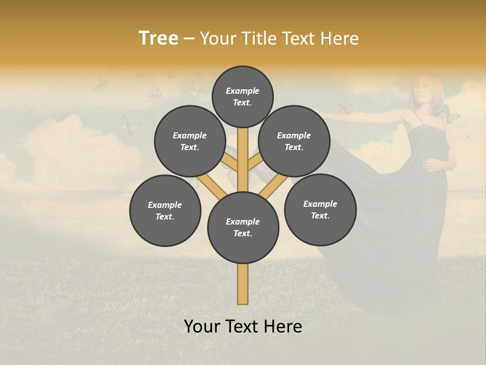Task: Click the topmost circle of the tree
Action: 242,96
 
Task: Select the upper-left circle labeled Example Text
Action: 190,141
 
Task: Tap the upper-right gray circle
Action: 294,141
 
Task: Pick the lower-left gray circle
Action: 165,210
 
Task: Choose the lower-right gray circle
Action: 320,209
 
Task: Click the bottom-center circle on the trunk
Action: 243,227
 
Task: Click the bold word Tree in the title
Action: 158,38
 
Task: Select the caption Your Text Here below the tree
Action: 243,326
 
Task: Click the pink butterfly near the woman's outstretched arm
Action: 345,109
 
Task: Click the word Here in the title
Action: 339,38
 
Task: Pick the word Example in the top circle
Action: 242,91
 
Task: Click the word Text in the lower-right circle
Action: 320,215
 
